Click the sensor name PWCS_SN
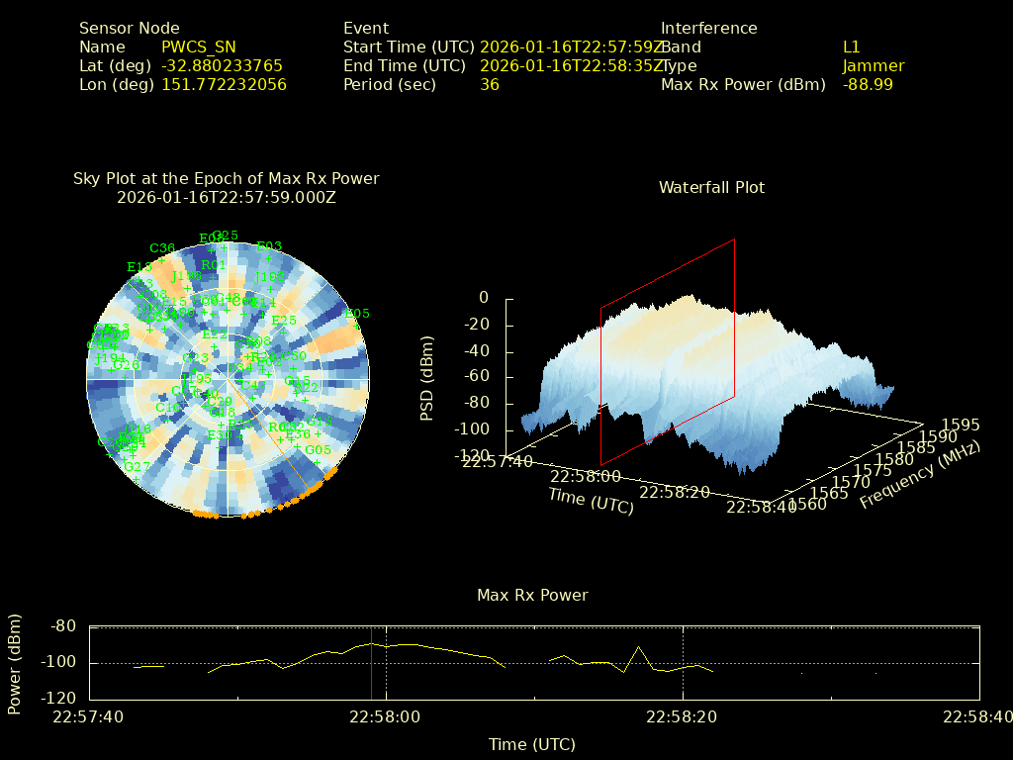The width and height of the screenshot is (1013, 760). coord(198,47)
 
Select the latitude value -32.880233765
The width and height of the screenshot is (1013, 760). coord(222,66)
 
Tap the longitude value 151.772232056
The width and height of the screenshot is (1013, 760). coord(224,85)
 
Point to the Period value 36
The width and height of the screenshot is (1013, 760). coord(490,85)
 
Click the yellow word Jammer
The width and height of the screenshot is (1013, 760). coord(874,66)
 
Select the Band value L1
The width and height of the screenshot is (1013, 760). coord(852,47)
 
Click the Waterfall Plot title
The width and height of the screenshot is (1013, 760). coord(711,187)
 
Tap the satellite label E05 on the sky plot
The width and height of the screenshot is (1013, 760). coord(357,314)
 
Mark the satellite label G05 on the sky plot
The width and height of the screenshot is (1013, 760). coord(318,449)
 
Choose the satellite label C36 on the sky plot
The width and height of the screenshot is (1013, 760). coord(162,248)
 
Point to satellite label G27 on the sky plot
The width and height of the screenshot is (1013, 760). coord(137,466)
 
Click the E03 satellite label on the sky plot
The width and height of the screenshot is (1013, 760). coord(269,246)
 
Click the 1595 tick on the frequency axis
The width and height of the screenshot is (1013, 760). coord(962,425)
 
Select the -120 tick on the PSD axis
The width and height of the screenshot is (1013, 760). coord(471,456)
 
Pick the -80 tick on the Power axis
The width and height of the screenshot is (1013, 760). coord(63,626)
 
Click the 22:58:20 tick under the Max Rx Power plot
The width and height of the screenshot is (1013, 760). coord(683,717)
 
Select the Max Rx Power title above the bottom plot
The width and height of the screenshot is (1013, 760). coord(532,595)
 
